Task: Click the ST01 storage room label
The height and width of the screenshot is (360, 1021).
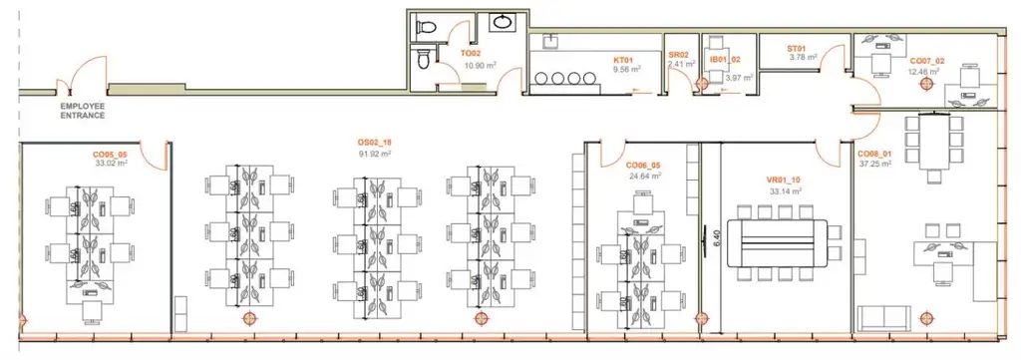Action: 797,47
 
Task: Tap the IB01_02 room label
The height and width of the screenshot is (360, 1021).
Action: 725,60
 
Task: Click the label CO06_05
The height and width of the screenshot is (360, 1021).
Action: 644,165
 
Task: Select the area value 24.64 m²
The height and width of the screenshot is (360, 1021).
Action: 644,176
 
